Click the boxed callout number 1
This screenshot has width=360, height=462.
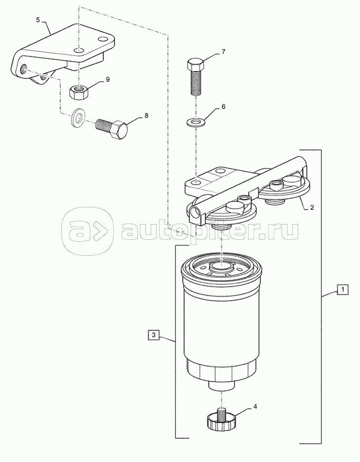click(x=343, y=289)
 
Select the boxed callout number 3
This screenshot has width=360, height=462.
click(x=154, y=335)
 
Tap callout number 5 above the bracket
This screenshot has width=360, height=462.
click(x=38, y=20)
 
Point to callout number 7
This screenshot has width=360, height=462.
click(x=223, y=52)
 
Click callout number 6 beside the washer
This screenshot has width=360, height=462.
click(x=223, y=107)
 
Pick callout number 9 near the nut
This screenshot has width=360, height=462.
click(x=107, y=79)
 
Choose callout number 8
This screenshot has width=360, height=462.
click(x=146, y=115)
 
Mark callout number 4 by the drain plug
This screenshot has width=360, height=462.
click(x=255, y=407)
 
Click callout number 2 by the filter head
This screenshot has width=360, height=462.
click(x=312, y=207)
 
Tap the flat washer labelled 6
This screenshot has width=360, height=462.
click(x=195, y=122)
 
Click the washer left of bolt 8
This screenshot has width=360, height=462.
click(x=78, y=118)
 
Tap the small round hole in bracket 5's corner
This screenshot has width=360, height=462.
click(x=103, y=39)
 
